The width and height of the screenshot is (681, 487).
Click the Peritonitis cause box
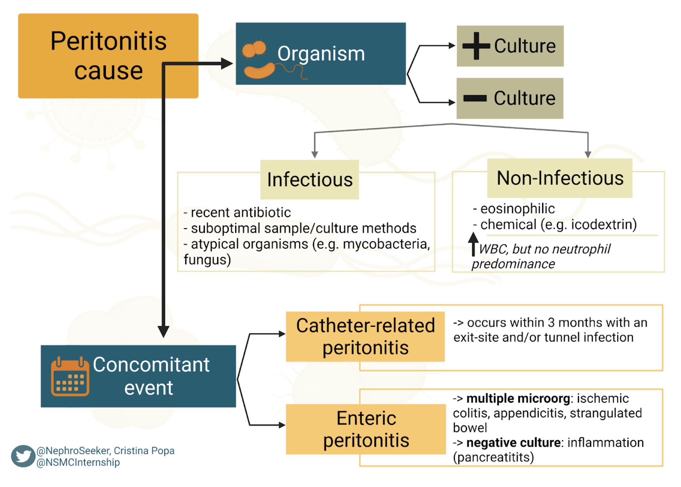[x=108, y=56]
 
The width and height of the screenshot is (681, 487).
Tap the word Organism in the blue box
[x=321, y=53]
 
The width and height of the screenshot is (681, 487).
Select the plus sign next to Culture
[x=476, y=46]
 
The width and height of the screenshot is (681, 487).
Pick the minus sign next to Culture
[x=475, y=98]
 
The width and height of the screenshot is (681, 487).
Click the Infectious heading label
[x=309, y=180]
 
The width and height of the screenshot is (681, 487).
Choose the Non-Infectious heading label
[x=560, y=178]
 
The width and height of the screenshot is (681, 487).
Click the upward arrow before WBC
[x=473, y=243]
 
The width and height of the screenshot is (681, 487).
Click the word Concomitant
[x=151, y=364]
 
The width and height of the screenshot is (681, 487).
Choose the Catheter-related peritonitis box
[x=365, y=336]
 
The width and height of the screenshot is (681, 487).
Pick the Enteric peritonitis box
[x=366, y=429]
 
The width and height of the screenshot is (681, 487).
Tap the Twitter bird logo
[x=23, y=456]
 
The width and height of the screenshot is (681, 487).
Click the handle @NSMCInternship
[x=78, y=462]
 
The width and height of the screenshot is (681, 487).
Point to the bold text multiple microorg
[x=518, y=399]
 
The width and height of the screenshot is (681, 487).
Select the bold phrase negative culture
[x=513, y=443]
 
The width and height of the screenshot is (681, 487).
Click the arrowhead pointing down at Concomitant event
[x=163, y=331]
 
